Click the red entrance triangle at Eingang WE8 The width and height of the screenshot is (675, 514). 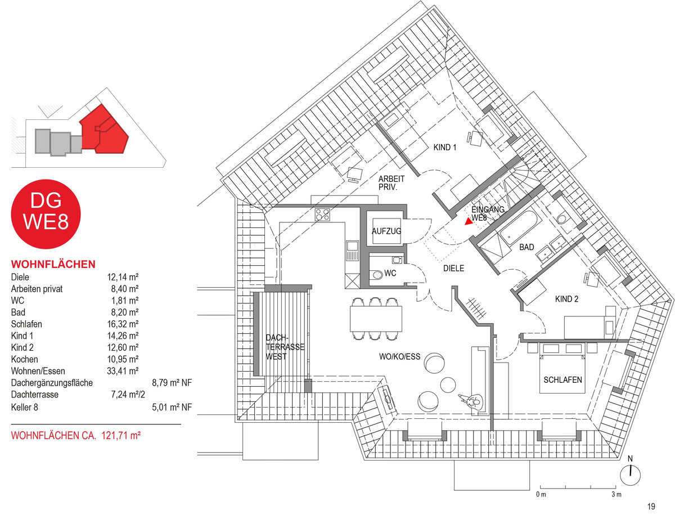pyautogui.click(x=468, y=221)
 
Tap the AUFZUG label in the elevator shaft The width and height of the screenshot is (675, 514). pyautogui.click(x=386, y=231)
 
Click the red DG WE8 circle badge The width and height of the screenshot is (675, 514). pyautogui.click(x=46, y=214)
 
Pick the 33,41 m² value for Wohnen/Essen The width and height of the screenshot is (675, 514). pyautogui.click(x=123, y=371)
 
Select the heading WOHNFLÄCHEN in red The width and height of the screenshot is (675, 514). pyautogui.click(x=53, y=264)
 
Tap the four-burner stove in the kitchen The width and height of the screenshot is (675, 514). pyautogui.click(x=322, y=214)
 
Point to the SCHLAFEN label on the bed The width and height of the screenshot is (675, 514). pyautogui.click(x=562, y=380)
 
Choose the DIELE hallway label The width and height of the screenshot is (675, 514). pyautogui.click(x=453, y=268)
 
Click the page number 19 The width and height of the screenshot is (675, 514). pyautogui.click(x=651, y=506)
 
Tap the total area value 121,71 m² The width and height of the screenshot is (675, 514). pyautogui.click(x=121, y=436)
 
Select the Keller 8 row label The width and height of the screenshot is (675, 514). pyautogui.click(x=25, y=407)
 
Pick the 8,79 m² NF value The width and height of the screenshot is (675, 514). pyautogui.click(x=172, y=383)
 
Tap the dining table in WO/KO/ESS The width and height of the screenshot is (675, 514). pyautogui.click(x=376, y=319)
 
